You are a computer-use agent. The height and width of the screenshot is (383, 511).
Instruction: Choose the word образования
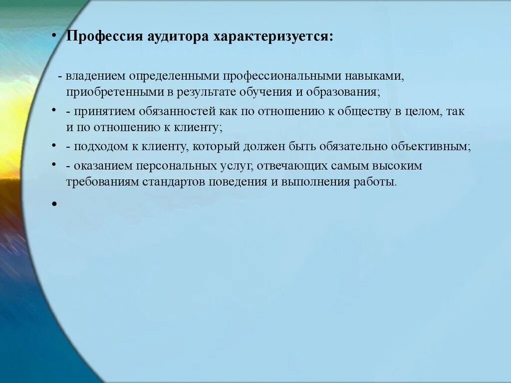(x=348, y=92)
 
